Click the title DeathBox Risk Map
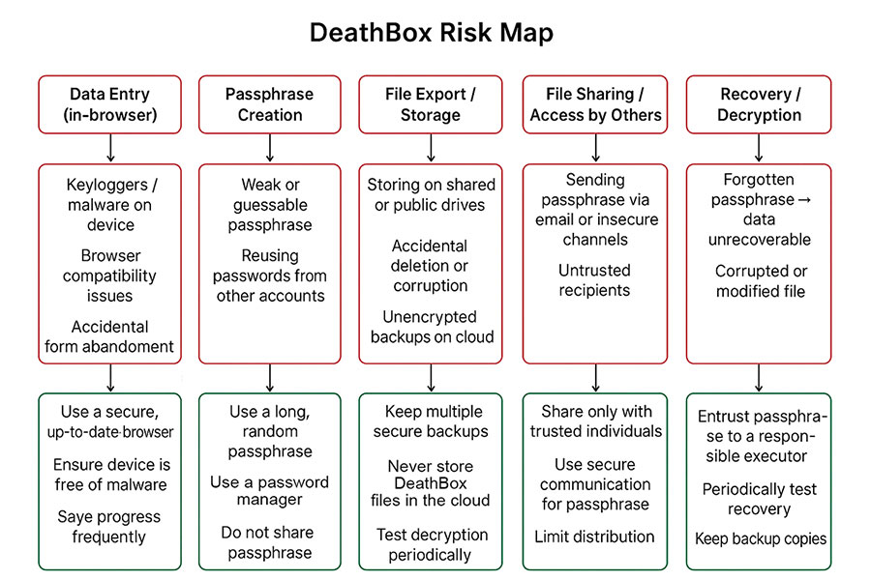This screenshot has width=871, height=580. tap(432, 32)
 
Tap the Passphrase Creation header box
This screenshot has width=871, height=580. tap(269, 104)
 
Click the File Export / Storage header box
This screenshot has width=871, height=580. tap(431, 104)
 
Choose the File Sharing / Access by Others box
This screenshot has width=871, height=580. tap(595, 104)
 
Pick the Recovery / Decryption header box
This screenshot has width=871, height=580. tap(759, 104)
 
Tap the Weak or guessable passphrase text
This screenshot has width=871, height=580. tap(270, 205)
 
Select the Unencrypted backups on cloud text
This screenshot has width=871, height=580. tap(432, 327)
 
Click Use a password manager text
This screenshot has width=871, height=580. tap(270, 491)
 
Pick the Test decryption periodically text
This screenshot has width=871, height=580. tap(431, 544)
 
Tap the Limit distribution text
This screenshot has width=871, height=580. tap(594, 536)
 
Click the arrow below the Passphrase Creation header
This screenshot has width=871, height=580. tap(269, 147)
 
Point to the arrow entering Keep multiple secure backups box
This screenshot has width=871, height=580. tap(432, 378)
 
